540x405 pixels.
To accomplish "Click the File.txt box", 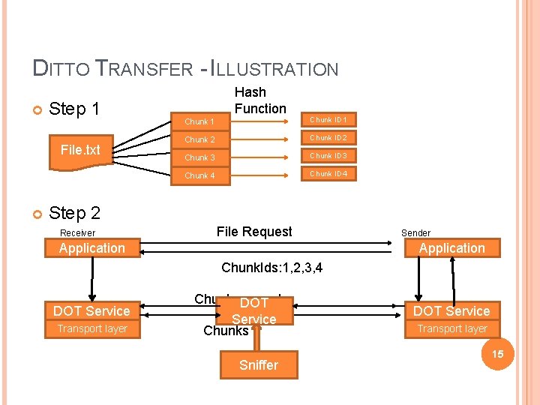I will coord(80,150).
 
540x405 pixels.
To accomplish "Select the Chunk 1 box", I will coord(199,121).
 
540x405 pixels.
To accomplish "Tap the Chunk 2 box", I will coord(199,139).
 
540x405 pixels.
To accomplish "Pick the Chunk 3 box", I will coord(199,157).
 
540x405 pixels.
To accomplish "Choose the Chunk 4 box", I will coord(199,175).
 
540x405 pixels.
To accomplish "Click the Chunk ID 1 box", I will coord(328,119).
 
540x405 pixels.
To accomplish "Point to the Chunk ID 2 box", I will coord(328,137).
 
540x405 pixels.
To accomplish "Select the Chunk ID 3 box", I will coord(328,155).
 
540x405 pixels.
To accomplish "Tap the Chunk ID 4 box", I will coord(328,173).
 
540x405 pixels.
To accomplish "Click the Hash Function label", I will coord(260,100).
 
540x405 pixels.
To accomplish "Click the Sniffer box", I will coord(258,365).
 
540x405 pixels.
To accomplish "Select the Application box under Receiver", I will coord(92,248).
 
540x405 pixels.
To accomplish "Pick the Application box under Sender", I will coord(451,248).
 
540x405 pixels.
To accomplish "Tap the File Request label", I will coord(254,232).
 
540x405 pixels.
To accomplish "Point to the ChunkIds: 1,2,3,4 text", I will coord(272,268).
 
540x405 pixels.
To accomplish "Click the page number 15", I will coord(497,353).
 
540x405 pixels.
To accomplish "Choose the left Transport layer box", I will coord(92,328).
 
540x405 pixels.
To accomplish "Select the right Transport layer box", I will coord(451,328).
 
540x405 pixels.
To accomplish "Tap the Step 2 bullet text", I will coord(74,213).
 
